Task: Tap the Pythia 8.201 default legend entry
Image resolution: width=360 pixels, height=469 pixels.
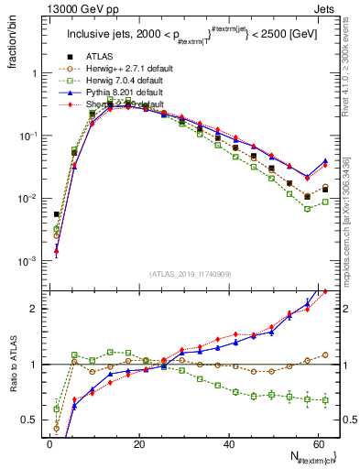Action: [124, 93]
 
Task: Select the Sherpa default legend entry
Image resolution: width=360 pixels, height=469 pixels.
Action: [124, 105]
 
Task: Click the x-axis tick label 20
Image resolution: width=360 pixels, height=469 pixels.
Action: [139, 444]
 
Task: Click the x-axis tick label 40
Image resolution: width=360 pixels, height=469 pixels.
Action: [229, 444]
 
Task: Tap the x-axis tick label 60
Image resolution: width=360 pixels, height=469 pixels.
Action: [318, 444]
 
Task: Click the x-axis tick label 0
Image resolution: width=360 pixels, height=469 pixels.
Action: [49, 444]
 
